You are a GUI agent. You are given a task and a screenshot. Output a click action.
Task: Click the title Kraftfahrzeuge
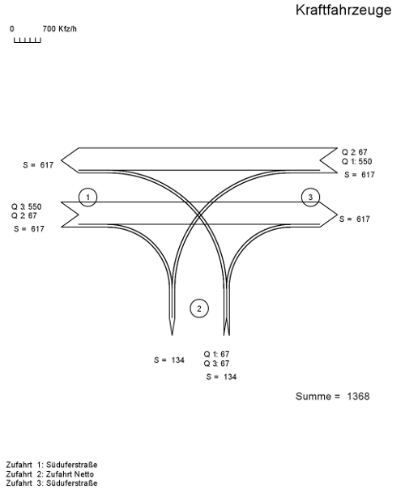343,11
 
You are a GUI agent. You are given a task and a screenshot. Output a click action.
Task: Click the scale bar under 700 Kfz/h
28,40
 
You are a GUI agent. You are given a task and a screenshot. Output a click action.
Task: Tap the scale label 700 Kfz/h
59,29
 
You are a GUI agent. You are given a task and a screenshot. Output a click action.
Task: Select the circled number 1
88,197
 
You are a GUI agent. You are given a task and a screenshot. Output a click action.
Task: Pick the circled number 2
199,308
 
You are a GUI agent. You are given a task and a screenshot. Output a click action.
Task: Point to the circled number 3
310,197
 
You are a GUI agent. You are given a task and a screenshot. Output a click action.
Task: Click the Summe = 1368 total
333,397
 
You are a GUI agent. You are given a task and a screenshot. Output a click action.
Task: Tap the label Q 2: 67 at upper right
354,152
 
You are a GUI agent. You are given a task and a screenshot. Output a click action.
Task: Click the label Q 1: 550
356,162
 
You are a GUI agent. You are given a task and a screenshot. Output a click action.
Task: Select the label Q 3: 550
26,206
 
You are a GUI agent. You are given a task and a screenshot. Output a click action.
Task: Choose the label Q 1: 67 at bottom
216,355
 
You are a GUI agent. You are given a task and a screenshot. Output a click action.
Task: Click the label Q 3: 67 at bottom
216,364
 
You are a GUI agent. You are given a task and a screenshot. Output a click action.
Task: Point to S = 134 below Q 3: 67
221,376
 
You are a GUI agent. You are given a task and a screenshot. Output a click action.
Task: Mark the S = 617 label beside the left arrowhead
38,165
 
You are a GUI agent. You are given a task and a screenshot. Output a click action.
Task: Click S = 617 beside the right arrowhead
355,219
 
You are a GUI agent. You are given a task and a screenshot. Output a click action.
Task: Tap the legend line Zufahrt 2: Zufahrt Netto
50,474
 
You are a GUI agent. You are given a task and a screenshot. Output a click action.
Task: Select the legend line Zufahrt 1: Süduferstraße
52,465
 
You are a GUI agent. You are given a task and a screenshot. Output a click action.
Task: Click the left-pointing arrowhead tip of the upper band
62,160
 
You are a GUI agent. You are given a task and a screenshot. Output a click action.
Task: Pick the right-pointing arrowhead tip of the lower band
337,215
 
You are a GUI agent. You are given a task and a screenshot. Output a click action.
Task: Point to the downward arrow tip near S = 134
172,335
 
